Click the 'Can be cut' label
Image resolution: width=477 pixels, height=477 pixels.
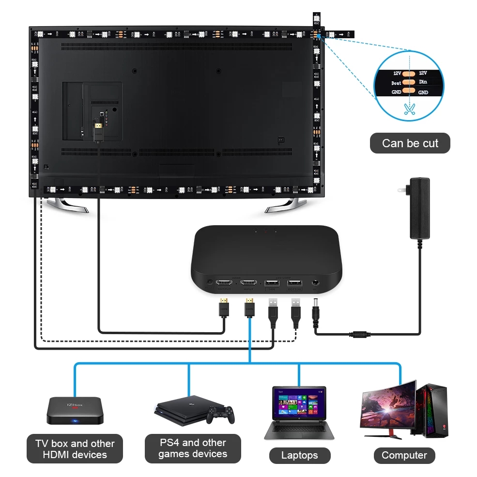click(x=410, y=143)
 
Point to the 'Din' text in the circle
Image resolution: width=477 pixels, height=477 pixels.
click(x=423, y=82)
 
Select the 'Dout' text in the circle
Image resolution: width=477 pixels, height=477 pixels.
click(x=397, y=83)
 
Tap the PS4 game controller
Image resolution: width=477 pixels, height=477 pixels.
click(x=220, y=414)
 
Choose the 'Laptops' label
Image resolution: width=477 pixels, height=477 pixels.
click(x=300, y=455)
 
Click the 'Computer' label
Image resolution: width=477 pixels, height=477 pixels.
click(x=404, y=455)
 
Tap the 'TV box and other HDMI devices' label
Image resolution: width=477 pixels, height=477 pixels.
click(x=75, y=449)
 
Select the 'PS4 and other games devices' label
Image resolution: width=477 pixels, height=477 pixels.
click(x=193, y=448)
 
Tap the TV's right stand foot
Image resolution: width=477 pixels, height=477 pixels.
click(x=285, y=206)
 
